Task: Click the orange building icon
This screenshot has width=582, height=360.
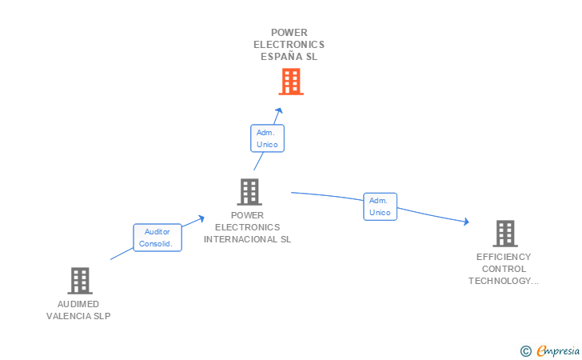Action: click(x=291, y=82)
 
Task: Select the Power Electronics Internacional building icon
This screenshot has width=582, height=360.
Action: click(x=249, y=192)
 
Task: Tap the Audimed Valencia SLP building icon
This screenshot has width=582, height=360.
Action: click(x=79, y=281)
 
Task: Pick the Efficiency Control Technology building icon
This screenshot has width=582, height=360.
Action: click(x=504, y=234)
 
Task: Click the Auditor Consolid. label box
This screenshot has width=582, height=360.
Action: click(x=157, y=238)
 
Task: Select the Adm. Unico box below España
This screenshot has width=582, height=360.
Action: click(x=267, y=138)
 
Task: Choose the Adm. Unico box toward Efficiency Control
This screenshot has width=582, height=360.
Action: click(x=380, y=206)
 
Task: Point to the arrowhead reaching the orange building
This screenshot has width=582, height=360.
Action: click(x=278, y=111)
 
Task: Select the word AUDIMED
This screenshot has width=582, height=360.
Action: click(x=78, y=304)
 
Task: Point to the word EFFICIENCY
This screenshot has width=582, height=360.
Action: click(x=504, y=257)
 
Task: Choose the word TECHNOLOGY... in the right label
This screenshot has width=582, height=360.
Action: click(x=504, y=281)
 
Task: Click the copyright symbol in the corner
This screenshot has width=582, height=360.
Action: click(x=525, y=350)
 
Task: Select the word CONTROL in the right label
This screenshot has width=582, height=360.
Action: click(x=504, y=269)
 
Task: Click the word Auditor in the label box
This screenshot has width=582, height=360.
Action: click(x=157, y=231)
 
